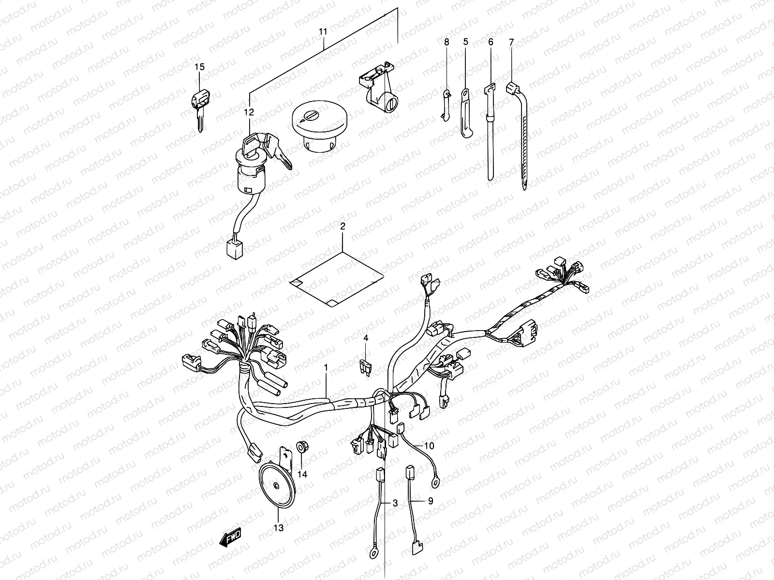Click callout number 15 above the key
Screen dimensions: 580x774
pos(199,67)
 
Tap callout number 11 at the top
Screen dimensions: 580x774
pos(323,31)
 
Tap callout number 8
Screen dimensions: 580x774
pos(447,43)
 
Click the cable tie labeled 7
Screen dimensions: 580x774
pos(521,135)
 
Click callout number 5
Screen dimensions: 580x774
pos(466,43)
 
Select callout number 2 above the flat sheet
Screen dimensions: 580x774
pos(342,226)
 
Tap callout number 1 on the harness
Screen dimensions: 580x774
pos(326,368)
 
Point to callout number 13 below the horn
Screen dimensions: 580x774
pos(279,527)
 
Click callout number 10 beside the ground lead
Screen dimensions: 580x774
pos(430,445)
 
